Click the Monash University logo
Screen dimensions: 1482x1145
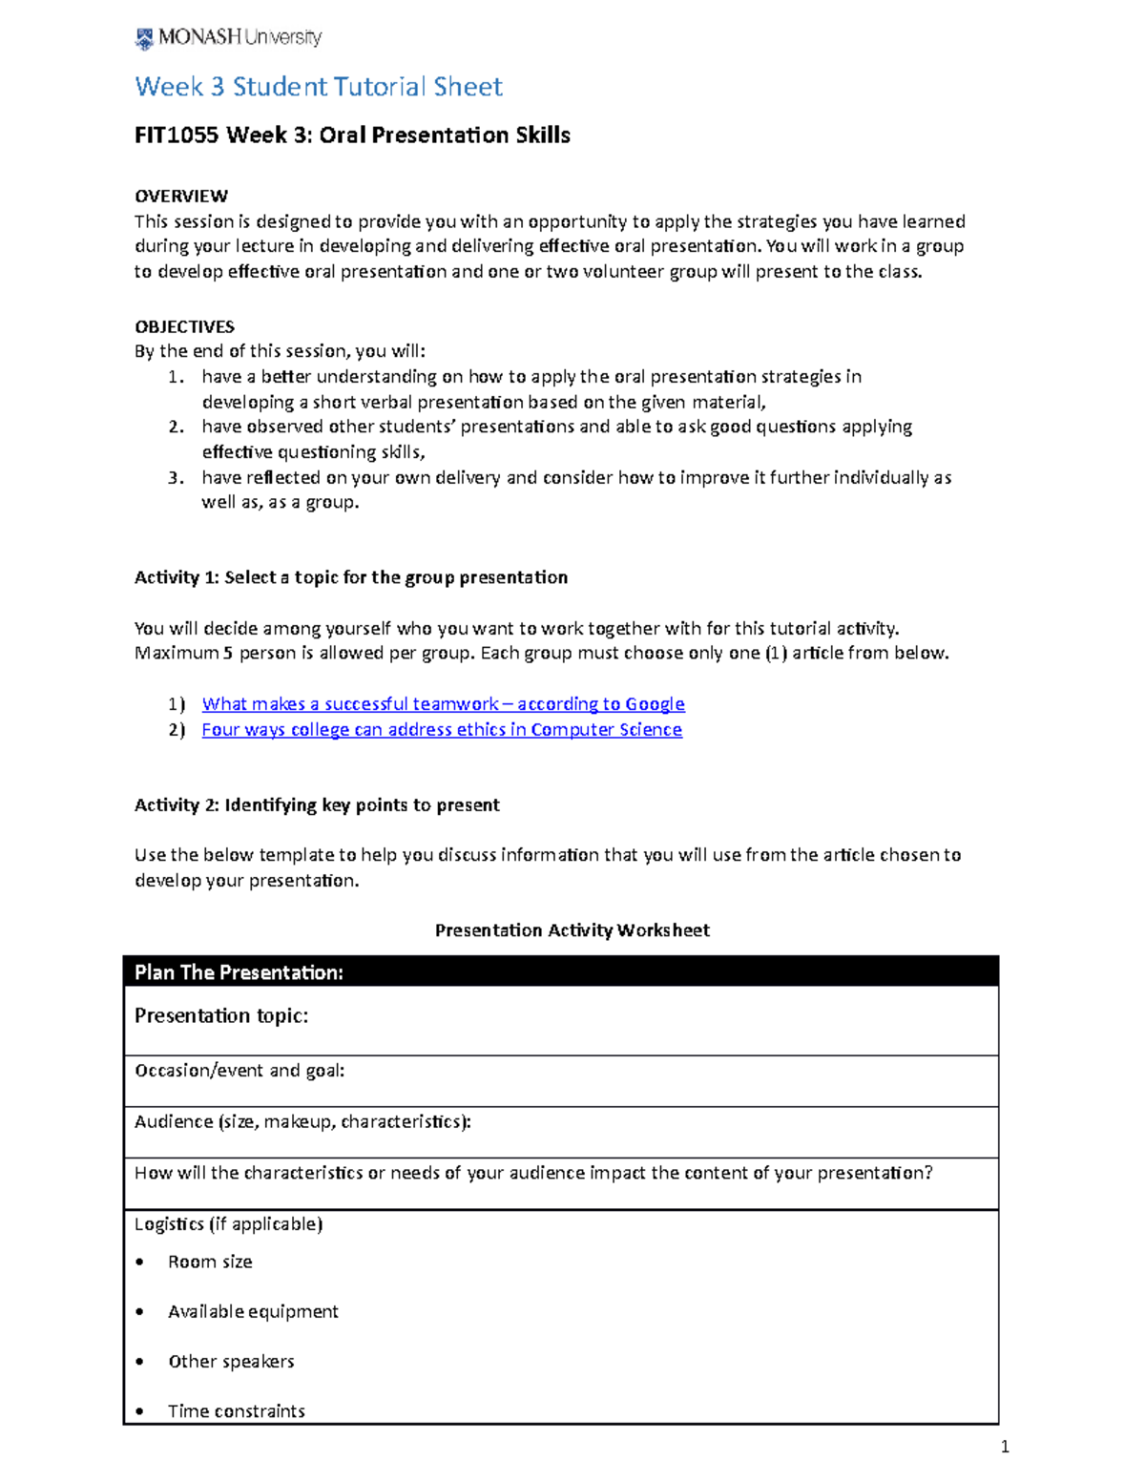point(228,38)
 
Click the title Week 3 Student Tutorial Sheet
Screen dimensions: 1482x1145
point(318,87)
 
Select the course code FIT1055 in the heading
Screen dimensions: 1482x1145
point(177,136)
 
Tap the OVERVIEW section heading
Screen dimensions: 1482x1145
point(181,197)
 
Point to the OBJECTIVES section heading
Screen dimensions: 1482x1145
point(184,326)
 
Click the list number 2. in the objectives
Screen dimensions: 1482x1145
point(177,427)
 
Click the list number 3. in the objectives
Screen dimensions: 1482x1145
point(177,477)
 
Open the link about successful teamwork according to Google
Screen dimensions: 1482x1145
point(443,704)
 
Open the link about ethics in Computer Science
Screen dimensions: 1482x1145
point(442,730)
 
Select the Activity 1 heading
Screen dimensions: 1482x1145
point(350,577)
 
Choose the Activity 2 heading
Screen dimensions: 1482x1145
point(317,805)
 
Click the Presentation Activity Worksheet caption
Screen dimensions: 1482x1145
point(572,930)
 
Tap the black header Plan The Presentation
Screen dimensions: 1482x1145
point(239,972)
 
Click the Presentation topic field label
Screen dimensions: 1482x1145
point(221,1016)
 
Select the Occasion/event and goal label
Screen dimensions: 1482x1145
point(239,1071)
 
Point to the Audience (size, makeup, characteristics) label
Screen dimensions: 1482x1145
point(302,1122)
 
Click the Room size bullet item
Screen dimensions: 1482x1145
point(210,1263)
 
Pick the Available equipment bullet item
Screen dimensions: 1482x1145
point(253,1312)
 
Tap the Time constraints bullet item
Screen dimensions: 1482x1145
point(237,1411)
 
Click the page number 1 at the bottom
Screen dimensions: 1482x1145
point(1004,1448)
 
